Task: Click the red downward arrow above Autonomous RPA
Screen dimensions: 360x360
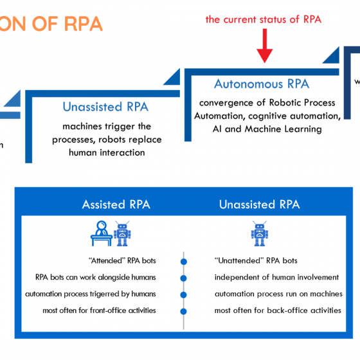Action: click(263, 46)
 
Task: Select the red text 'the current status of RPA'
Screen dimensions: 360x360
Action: click(263, 19)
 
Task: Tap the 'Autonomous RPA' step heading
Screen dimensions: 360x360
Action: click(261, 84)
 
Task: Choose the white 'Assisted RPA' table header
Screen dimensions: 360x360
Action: click(116, 204)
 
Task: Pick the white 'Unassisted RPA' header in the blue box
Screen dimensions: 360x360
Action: click(259, 204)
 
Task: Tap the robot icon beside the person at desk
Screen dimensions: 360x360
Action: click(122, 234)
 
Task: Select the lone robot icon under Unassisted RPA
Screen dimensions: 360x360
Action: click(260, 234)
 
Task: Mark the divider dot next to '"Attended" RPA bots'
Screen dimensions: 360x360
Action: click(184, 262)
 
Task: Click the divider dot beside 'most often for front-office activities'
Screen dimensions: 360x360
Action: click(184, 312)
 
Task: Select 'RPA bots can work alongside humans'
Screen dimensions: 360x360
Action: click(96, 278)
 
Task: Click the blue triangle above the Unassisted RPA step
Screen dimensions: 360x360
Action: click(172, 81)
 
